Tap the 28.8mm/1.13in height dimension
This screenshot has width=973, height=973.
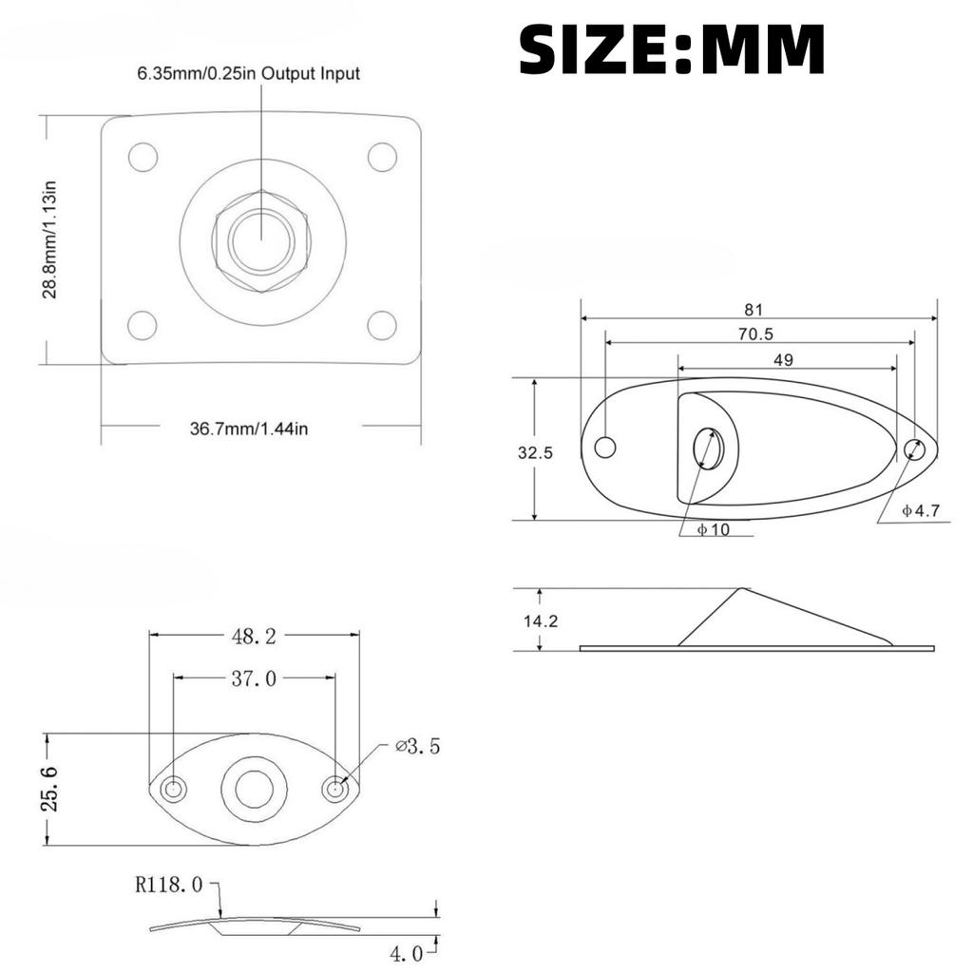pos(50,239)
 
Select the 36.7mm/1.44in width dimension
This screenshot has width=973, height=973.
pos(249,429)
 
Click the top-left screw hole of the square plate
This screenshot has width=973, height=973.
pos(143,157)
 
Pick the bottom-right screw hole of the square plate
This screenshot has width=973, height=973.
pos(382,325)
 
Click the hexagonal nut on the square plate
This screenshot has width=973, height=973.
pos(262,241)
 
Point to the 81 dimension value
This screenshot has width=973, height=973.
pos(754,310)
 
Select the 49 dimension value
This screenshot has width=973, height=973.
pos(784,359)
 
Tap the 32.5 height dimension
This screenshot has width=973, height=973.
pos(535,452)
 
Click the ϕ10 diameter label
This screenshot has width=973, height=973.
pos(713,529)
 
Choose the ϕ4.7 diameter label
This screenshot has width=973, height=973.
pos(920,510)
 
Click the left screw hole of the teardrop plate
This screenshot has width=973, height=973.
pos(605,447)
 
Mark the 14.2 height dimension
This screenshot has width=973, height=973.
pos(540,621)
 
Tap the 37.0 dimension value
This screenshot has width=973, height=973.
pos(254,678)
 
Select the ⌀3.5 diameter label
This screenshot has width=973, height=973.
pos(418,747)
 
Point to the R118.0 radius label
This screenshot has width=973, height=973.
pos(169,885)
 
